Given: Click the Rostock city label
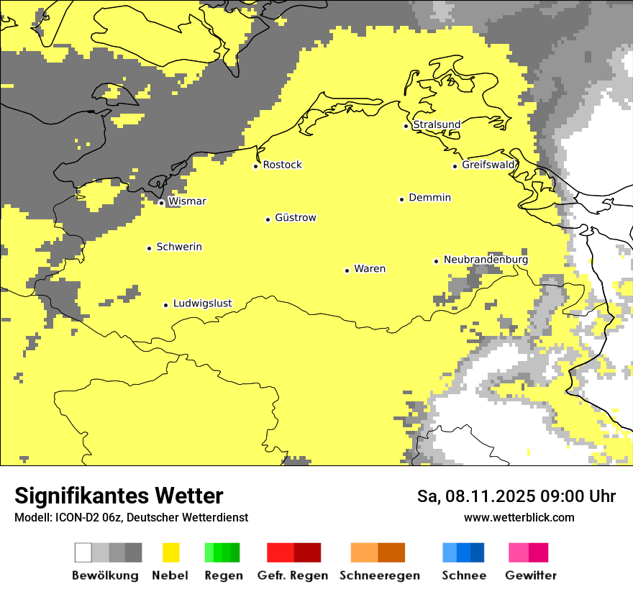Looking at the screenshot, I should (x=282, y=165).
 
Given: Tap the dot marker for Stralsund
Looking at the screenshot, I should (x=406, y=126).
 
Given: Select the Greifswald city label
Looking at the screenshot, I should (x=488, y=165).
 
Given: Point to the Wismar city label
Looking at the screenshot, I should (x=187, y=201).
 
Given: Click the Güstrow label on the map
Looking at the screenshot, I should (x=296, y=218).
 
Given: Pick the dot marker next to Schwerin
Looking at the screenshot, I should (x=150, y=248).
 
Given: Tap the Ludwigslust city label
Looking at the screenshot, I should (x=202, y=304).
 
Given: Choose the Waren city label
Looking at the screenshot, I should (x=370, y=269).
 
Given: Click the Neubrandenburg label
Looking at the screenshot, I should (x=486, y=260).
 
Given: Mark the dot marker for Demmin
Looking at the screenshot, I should (x=402, y=199).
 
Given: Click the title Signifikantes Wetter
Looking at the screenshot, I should (x=119, y=496).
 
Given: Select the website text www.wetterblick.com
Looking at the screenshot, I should (x=519, y=517).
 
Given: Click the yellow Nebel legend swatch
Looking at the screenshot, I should (x=171, y=552).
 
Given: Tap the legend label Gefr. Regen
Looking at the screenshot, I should (x=292, y=575).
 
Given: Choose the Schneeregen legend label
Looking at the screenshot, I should (x=380, y=575).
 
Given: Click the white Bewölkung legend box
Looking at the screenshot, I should (x=83, y=552).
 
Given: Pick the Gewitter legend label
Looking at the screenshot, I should (x=531, y=575).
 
